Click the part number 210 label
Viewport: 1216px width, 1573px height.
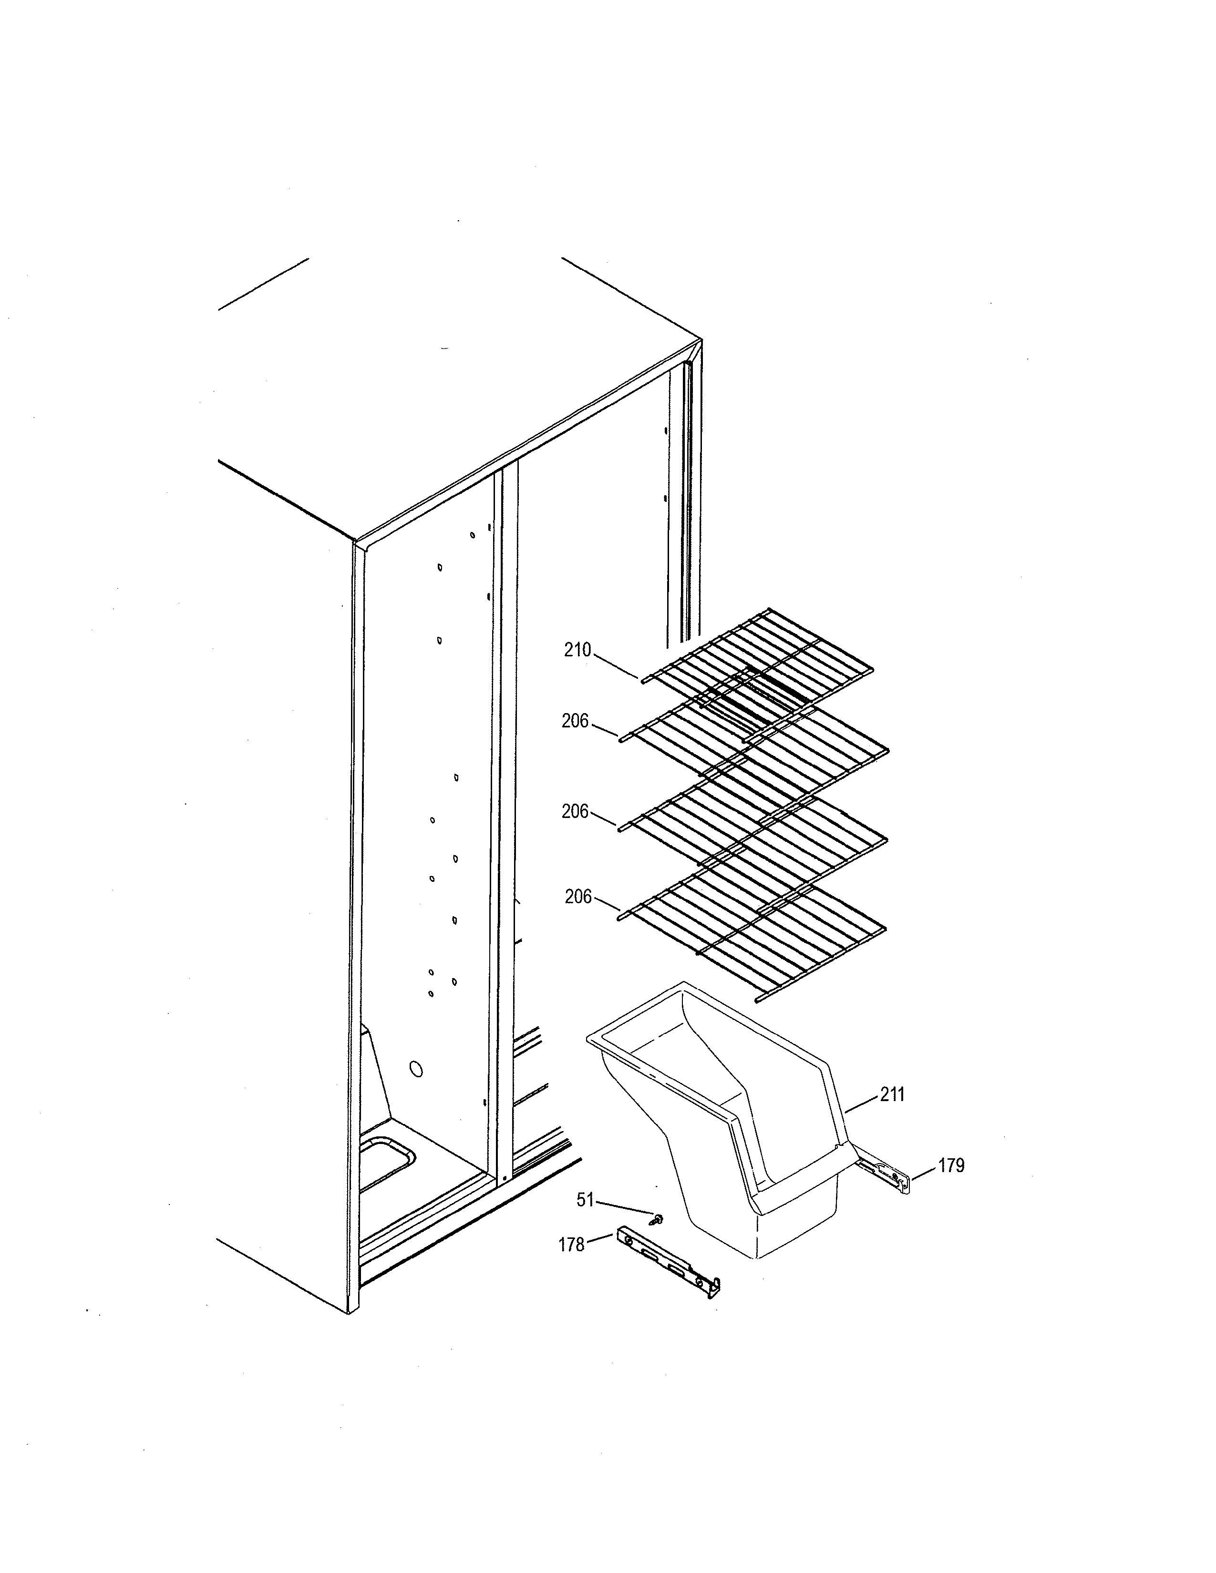(577, 650)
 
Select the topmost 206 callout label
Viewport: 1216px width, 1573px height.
(575, 721)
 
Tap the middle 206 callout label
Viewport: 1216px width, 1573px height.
(575, 812)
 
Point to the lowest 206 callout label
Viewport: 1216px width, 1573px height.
(578, 897)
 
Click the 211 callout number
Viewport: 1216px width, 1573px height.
(892, 1095)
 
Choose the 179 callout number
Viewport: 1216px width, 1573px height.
(951, 1165)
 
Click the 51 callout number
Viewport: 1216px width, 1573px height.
(585, 1200)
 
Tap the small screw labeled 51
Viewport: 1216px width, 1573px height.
(658, 1219)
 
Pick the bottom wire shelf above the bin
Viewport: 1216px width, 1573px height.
(756, 936)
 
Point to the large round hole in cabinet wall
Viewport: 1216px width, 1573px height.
(416, 1069)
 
